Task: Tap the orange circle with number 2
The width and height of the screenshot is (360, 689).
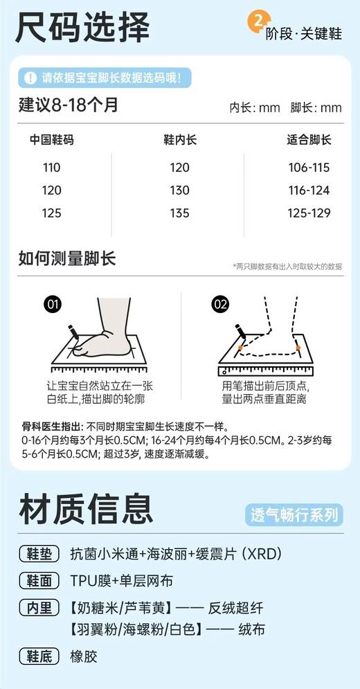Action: coord(258,21)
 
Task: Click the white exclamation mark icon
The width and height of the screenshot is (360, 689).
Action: coord(30,78)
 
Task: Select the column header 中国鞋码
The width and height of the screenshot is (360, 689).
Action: coord(51,140)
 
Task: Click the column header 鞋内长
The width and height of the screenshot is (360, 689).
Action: coord(179,140)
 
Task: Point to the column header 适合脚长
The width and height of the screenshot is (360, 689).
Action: coord(309,140)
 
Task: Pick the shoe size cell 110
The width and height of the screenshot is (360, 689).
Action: coord(51,168)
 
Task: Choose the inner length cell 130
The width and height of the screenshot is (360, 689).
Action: coord(179,190)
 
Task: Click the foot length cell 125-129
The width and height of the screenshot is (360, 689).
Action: coord(309,213)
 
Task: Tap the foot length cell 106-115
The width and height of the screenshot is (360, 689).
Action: coord(309,168)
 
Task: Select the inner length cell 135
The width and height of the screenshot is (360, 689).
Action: coord(179,213)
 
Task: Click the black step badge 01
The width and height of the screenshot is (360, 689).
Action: coord(53,303)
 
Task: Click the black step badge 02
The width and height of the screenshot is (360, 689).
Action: coord(221,303)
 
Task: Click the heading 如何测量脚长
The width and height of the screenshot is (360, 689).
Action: coord(67,259)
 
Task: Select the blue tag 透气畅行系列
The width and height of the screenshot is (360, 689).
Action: coord(294,514)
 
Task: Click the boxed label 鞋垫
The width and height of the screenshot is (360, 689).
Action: coord(41,554)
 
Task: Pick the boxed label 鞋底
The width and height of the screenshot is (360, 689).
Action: coord(41,656)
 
